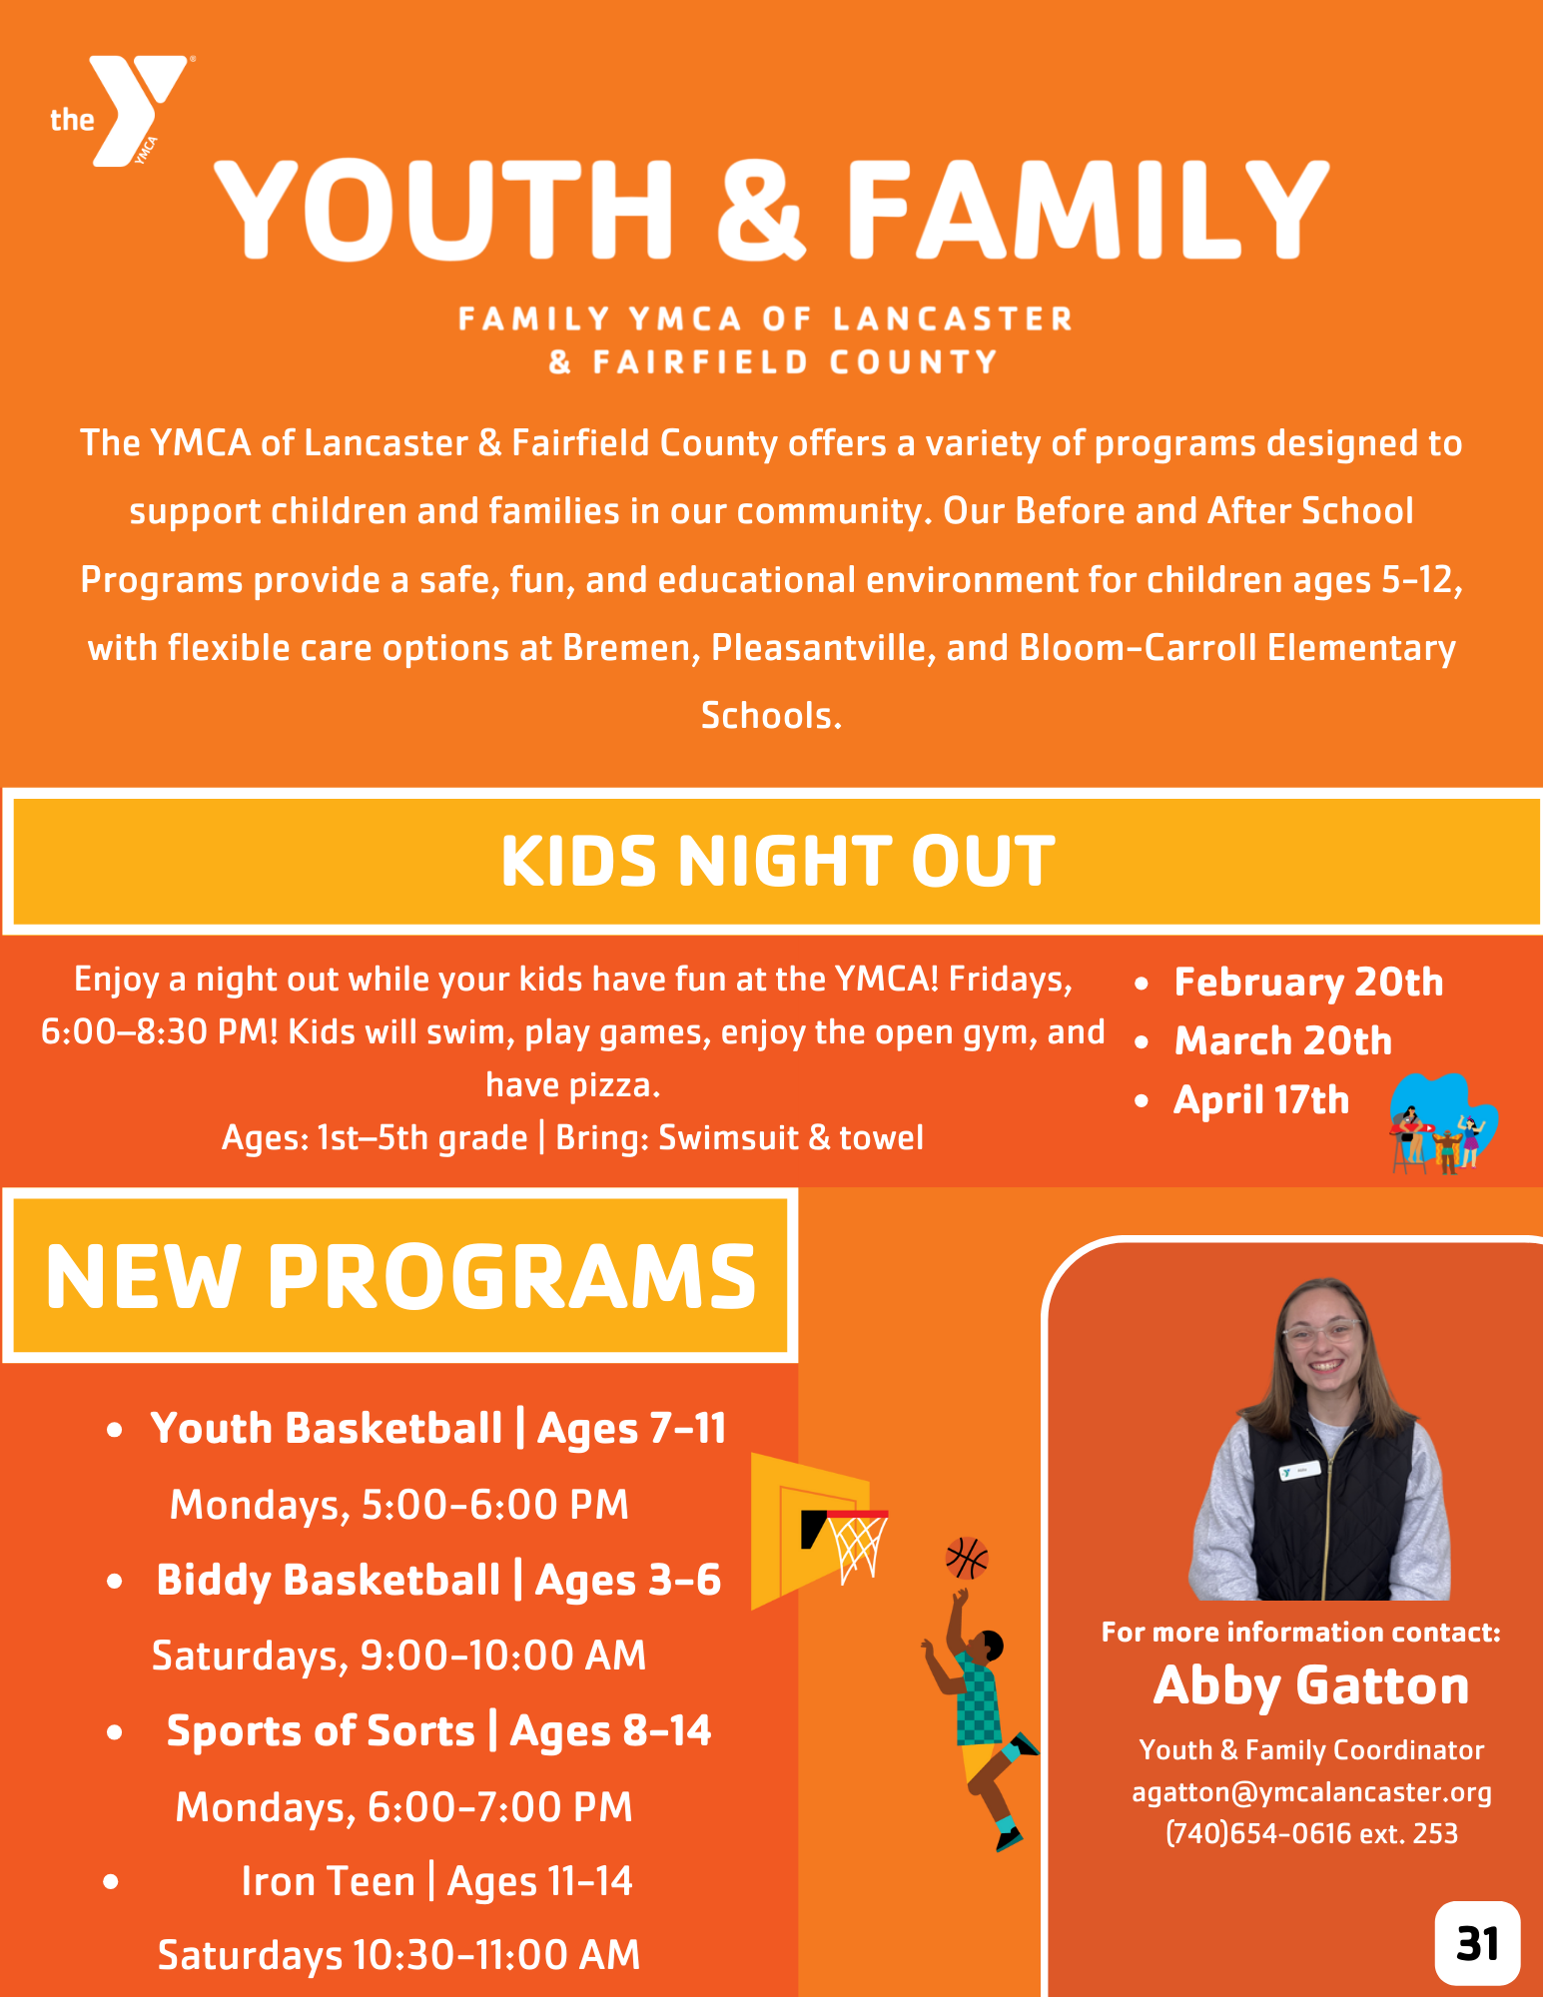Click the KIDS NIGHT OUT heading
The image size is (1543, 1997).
pos(777,861)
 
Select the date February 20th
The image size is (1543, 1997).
pos(1308,983)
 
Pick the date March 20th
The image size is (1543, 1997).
pos(1283,1041)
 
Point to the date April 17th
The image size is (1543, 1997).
pos(1261,1100)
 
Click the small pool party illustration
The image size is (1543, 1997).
pos(1443,1124)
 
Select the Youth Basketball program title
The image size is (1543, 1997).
pos(327,1428)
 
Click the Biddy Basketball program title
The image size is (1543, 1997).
pos(329,1580)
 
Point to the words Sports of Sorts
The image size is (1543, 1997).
pos(321,1730)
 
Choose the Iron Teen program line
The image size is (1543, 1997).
pos(437,1881)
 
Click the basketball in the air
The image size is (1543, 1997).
pos(967,1558)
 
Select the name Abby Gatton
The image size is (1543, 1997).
pos(1311,1685)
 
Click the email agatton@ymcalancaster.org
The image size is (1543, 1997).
pos(1311,1792)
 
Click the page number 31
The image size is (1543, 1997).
pos(1478,1943)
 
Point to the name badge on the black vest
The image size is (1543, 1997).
pos(1300,1471)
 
